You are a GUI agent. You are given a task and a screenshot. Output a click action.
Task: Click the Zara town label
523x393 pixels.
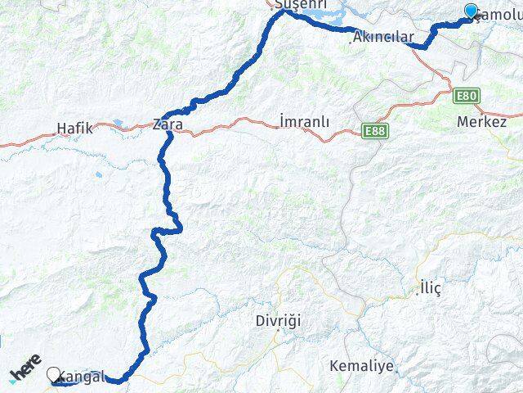click(x=168, y=125)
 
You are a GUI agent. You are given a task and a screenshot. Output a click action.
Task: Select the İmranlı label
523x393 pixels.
click(x=304, y=121)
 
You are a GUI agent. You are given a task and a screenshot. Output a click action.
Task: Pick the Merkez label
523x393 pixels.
click(x=482, y=121)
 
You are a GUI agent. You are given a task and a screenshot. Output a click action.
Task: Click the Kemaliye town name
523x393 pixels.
click(x=360, y=364)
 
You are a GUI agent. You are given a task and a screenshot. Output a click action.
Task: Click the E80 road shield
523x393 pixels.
click(x=466, y=96)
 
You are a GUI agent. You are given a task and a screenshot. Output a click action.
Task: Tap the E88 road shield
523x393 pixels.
click(x=375, y=130)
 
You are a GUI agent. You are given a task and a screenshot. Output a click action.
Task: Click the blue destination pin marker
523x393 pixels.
click(x=471, y=11)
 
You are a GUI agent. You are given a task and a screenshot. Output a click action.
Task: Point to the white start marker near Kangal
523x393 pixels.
click(x=55, y=375)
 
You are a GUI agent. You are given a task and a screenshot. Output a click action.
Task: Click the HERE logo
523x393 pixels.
click(x=25, y=368)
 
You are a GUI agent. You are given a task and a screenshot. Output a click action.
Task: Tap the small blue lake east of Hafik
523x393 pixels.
click(x=119, y=124)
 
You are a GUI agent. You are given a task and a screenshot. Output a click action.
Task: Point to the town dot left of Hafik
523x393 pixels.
click(x=53, y=130)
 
